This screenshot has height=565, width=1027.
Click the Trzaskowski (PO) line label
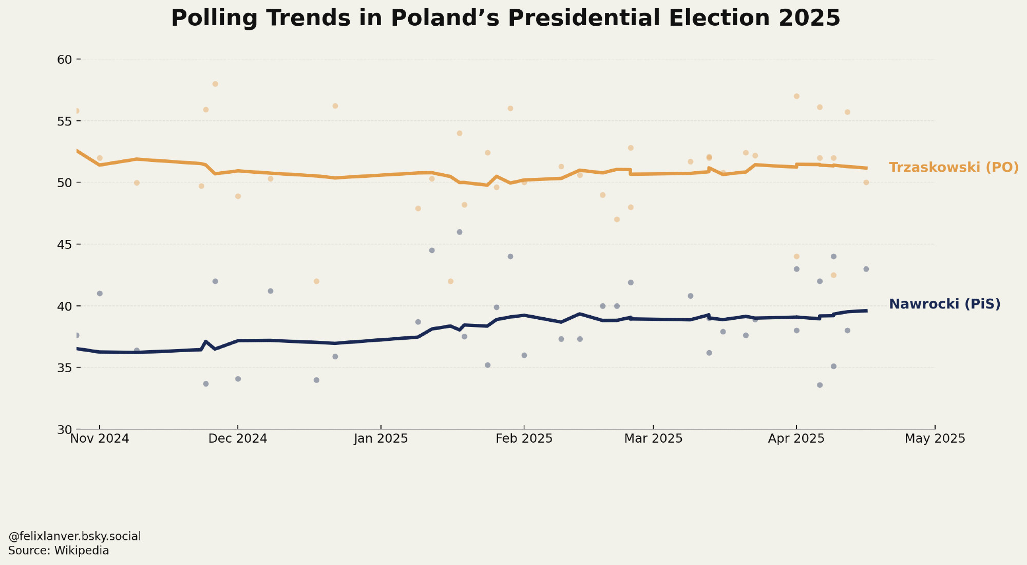tap(954, 168)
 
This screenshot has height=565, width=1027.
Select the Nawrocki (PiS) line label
tap(944, 304)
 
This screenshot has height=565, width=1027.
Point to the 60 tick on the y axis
tap(64, 60)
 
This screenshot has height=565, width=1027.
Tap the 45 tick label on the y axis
tap(64, 244)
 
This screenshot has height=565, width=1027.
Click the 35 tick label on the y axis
tap(64, 368)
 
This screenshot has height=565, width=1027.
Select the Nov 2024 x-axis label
tap(100, 439)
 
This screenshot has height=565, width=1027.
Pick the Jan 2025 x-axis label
tap(381, 439)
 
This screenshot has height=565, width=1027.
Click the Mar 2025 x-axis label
tap(653, 439)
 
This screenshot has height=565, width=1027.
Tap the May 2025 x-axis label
tap(935, 439)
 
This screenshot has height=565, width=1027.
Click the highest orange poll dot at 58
tap(215, 84)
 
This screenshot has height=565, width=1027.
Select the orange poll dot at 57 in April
tap(796, 96)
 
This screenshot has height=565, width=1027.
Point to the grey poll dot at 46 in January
tap(460, 232)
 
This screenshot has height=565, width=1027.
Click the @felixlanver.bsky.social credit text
tap(74, 537)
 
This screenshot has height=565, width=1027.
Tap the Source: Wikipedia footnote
tap(59, 551)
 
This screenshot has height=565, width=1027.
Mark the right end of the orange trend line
tap(866, 168)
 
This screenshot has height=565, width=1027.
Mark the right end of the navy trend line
tap(866, 311)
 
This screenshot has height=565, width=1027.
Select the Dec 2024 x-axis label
tap(238, 439)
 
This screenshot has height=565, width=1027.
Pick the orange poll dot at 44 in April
tap(796, 257)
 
